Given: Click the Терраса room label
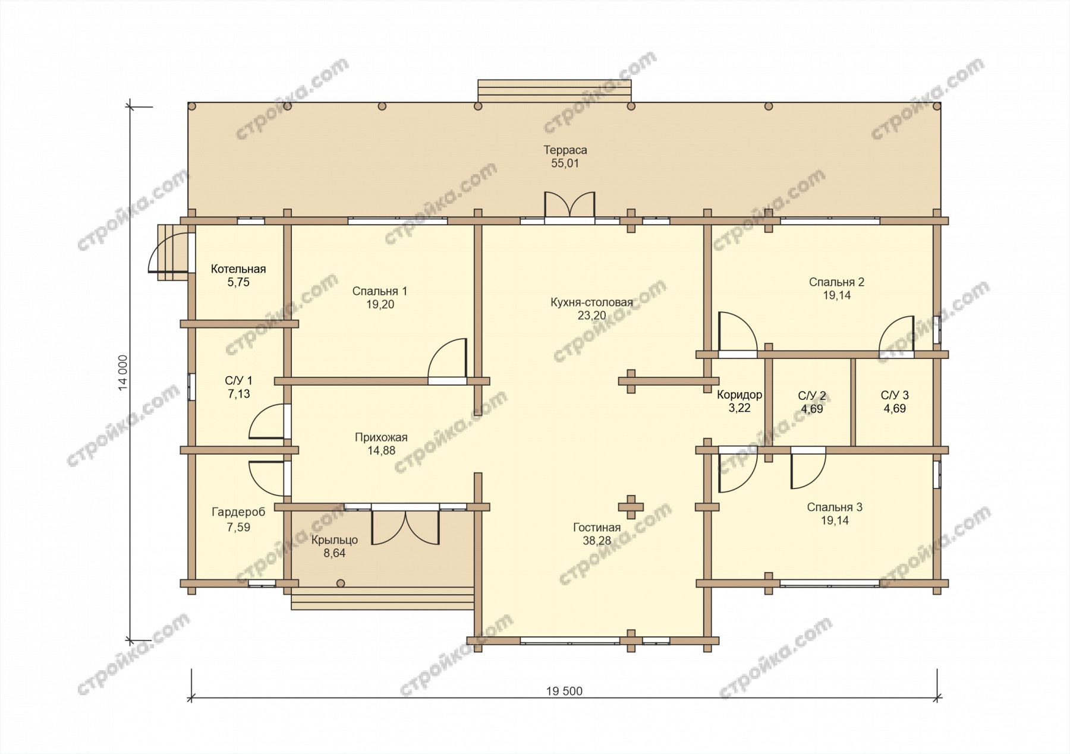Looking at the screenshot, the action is tap(565, 150).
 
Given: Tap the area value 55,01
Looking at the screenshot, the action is tap(565, 163).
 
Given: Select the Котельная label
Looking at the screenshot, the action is tap(238, 269).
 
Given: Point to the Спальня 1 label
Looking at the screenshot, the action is tap(380, 291).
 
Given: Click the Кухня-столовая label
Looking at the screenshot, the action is tap(591, 302).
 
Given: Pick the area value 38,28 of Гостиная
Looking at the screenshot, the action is tap(597, 541).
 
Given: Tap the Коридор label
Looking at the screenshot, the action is tap(739, 395).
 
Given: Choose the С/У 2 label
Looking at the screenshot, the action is tap(811, 396).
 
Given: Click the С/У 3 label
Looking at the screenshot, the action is tap(895, 395).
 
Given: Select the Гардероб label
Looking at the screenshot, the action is tap(238, 512).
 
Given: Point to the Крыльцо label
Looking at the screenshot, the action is tap(335, 540).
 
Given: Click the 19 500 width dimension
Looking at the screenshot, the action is tap(564, 691).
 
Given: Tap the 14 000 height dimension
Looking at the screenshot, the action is tap(123, 373).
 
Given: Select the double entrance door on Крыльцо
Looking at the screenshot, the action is tap(405, 526).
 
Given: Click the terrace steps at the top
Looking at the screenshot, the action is tap(555, 92).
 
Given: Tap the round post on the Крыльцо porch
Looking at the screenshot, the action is tap(341, 583).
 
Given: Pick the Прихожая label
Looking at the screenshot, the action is tap(381, 437).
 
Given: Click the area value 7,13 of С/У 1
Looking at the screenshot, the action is tap(239, 394).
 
